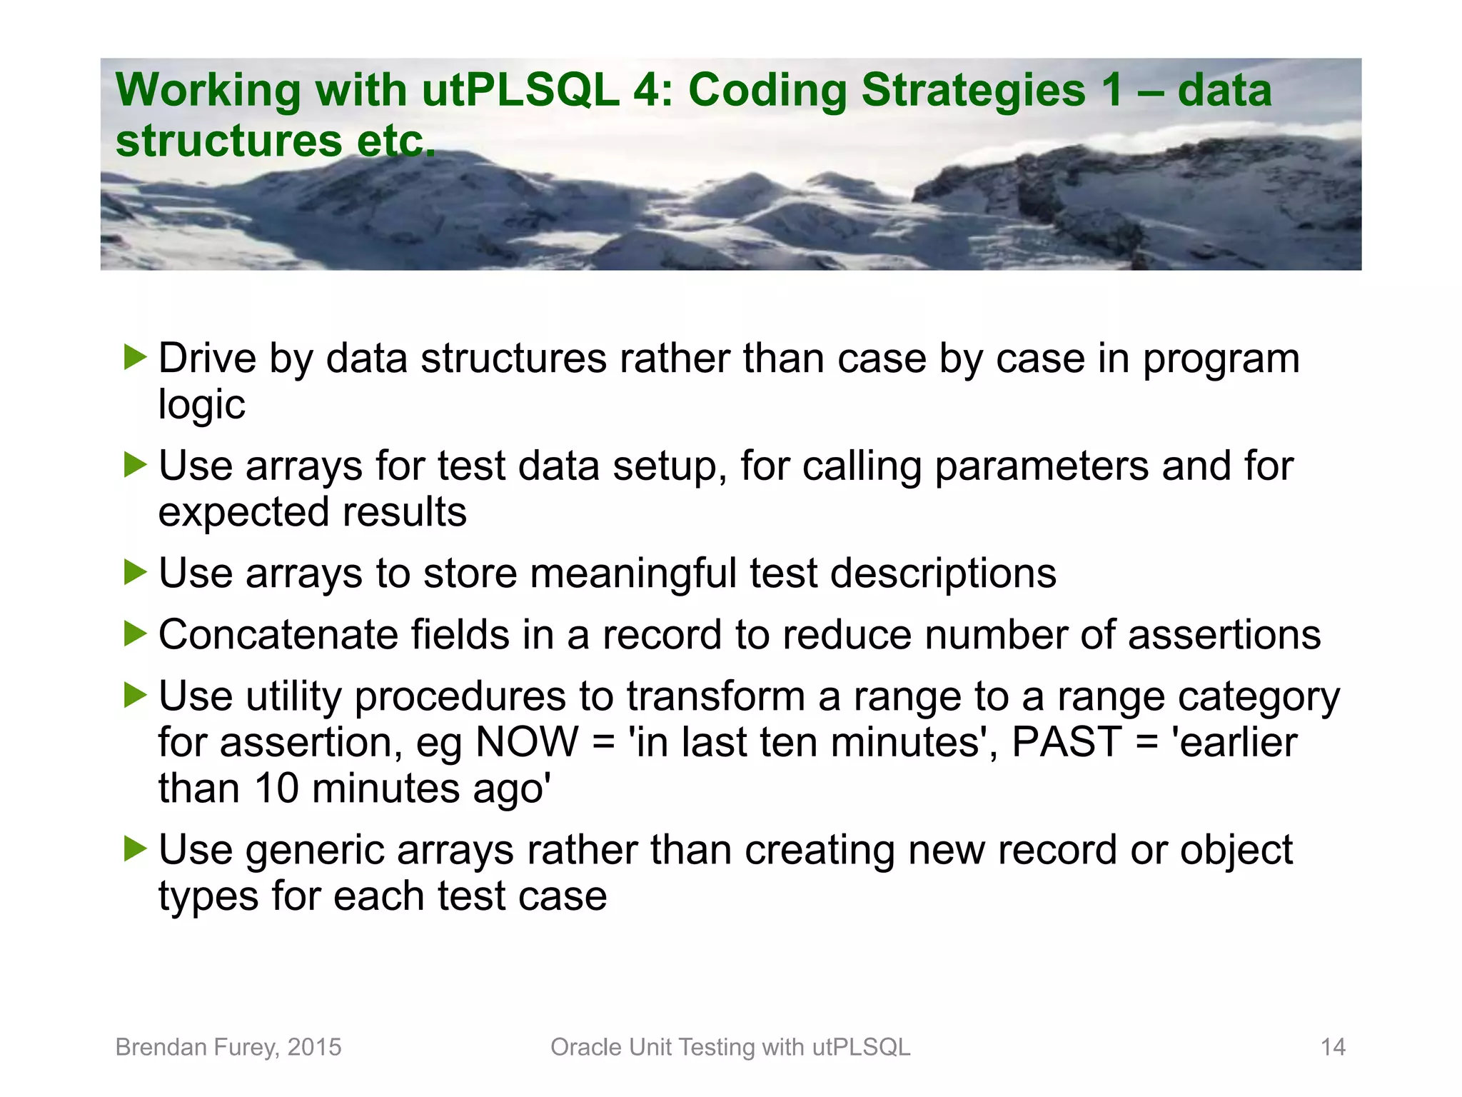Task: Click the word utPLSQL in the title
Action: click(520, 91)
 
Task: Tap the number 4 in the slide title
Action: click(646, 91)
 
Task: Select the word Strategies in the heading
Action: click(974, 91)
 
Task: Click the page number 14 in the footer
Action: click(1333, 1047)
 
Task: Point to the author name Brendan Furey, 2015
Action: click(228, 1047)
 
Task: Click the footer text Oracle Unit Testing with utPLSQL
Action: click(730, 1047)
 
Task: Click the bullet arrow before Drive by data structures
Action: click(134, 357)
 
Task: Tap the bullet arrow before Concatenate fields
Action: click(134, 633)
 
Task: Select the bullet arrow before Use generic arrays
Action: click(134, 848)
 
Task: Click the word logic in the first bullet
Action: click(201, 405)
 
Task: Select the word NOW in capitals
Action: click(527, 742)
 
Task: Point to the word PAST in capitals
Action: click(1067, 742)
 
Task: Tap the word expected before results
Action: click(243, 513)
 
